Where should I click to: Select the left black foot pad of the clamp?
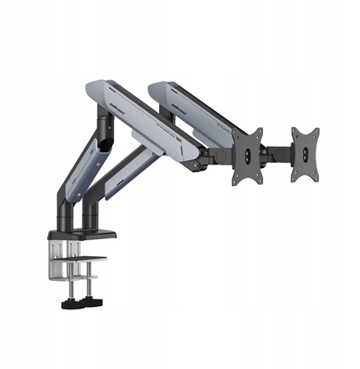[x=67, y=304]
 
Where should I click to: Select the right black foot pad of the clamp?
[x=92, y=304]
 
